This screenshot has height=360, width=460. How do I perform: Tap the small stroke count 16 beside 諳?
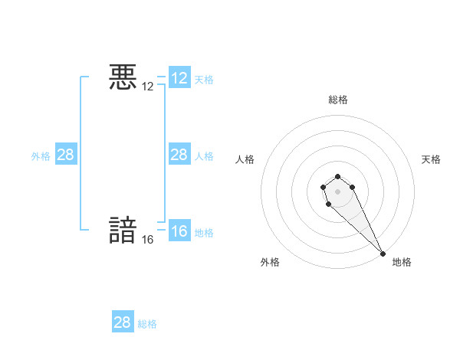point(148,240)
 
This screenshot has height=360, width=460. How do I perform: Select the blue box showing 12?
point(179,78)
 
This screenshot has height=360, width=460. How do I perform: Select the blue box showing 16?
point(179,231)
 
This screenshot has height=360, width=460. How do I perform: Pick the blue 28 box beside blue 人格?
point(179,155)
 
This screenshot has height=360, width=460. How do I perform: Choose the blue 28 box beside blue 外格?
point(66,155)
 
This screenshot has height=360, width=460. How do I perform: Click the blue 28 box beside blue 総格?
point(123,322)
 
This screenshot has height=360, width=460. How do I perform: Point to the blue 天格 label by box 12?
point(204,80)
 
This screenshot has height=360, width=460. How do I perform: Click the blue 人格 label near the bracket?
point(204,156)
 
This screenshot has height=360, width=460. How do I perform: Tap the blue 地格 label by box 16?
point(204,233)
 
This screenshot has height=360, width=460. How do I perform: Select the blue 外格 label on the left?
point(41,156)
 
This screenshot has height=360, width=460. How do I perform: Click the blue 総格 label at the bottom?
point(147,324)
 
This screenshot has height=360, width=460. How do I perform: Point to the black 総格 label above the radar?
point(338,100)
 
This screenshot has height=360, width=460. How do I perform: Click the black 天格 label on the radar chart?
point(432,159)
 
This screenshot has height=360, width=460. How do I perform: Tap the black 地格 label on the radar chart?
point(402,262)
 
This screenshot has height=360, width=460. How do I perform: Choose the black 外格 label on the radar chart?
point(270,262)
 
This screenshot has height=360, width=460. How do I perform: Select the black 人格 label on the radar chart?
point(245,159)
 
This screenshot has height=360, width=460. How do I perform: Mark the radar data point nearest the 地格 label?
point(383,254)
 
